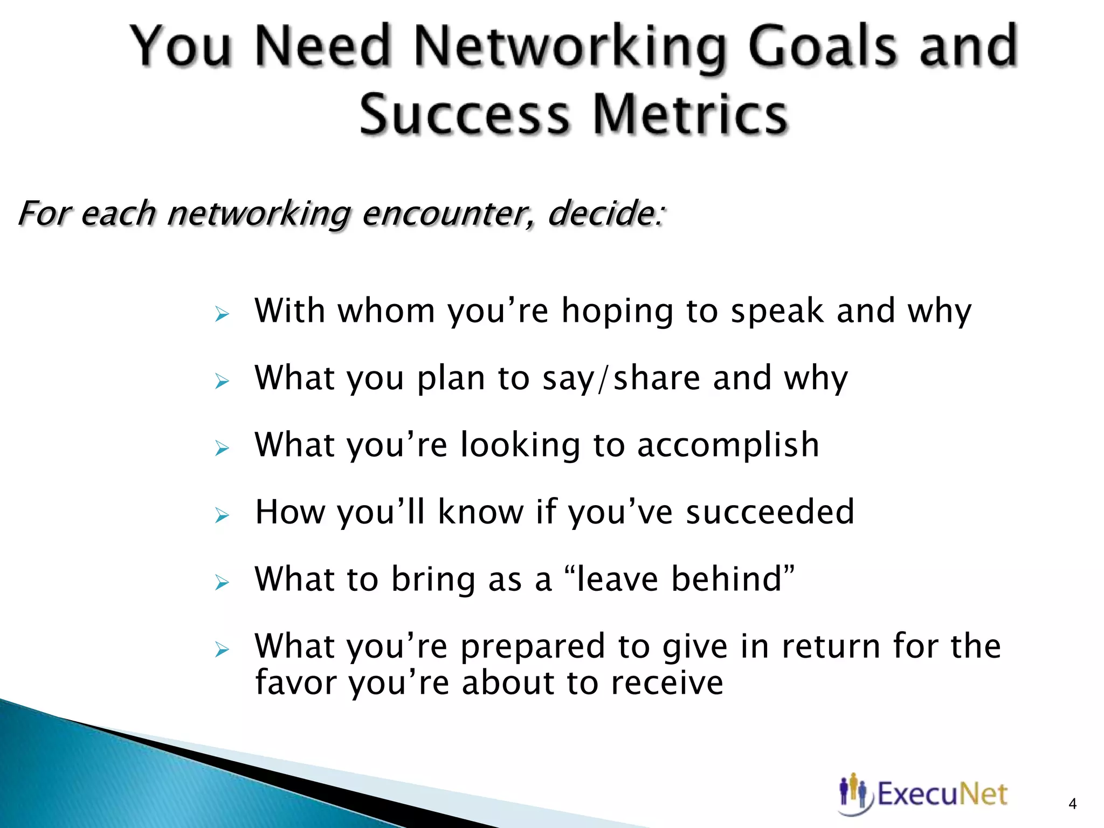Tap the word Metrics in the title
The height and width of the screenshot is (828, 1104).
pos(691,115)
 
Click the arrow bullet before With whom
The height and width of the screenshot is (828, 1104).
pos(222,314)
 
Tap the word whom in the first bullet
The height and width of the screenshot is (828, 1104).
pos(386,311)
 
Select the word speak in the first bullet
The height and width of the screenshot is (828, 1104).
pos(777,311)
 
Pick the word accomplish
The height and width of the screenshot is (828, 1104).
pos(728,445)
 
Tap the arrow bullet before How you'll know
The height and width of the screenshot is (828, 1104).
pos(222,516)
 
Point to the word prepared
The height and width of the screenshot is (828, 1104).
pos(533,646)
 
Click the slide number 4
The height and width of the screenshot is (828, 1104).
pos(1072,804)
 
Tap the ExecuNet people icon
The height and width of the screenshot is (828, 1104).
pos(854,794)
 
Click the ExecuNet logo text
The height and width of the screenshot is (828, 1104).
pos(942,794)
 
